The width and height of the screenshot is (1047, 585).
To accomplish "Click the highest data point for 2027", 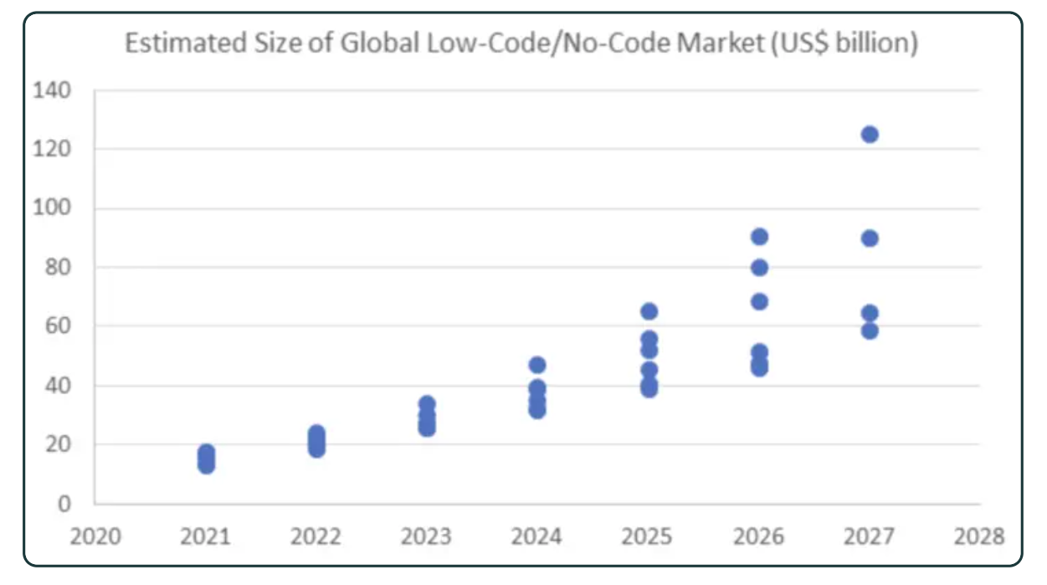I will click(x=870, y=135).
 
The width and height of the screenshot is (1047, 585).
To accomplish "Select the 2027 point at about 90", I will click(x=870, y=239).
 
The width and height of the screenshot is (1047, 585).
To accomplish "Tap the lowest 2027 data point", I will click(x=870, y=331).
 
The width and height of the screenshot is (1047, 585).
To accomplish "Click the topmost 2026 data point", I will click(x=759, y=237).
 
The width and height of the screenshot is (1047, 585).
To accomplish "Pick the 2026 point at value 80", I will click(x=759, y=268).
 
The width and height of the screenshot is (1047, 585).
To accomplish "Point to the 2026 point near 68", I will click(x=759, y=302).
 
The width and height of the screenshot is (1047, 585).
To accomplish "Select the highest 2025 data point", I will click(x=649, y=311).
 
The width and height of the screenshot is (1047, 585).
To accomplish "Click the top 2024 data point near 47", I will click(x=537, y=365).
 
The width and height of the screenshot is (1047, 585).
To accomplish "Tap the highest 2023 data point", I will click(x=427, y=404).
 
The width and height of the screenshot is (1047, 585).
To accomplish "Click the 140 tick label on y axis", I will click(x=53, y=90).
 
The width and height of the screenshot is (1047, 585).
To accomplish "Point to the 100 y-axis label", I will click(x=53, y=208).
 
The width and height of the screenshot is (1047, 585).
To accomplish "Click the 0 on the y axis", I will click(x=64, y=505).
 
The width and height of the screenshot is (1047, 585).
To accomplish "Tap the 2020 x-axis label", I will click(x=95, y=536).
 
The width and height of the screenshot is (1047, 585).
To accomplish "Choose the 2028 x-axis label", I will click(x=979, y=536).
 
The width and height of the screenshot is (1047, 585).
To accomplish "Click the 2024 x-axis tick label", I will click(x=537, y=536).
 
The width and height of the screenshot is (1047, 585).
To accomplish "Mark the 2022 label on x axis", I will click(x=316, y=536).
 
